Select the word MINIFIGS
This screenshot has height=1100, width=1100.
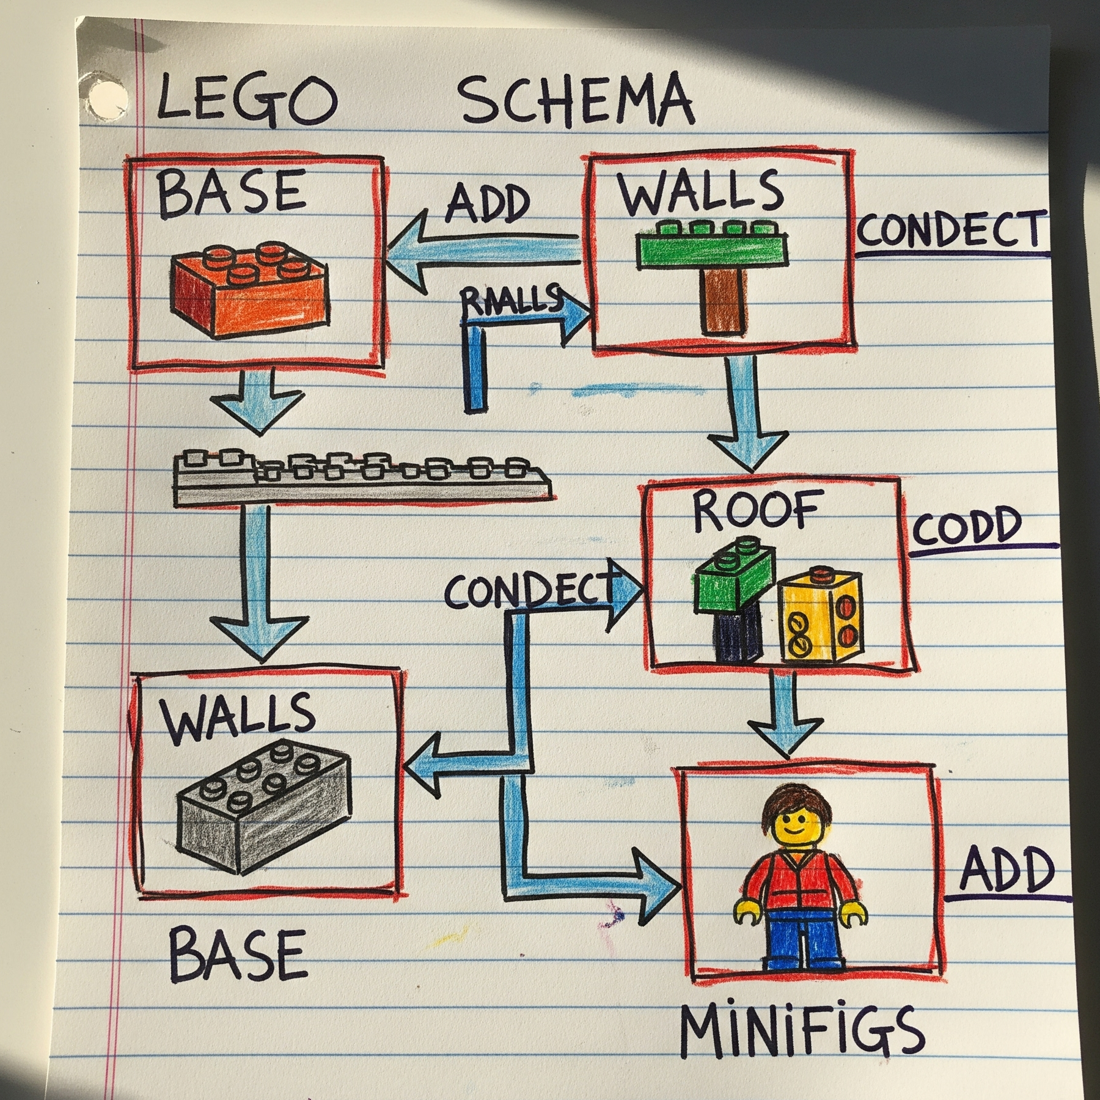point(801,1029)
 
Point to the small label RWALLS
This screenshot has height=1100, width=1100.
point(510,300)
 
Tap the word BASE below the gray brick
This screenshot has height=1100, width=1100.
point(238,953)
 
